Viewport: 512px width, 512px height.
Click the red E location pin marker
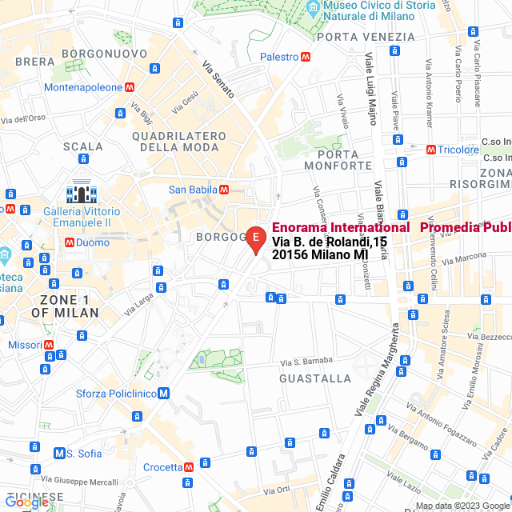tap(254, 238)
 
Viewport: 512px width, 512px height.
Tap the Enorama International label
tap(341, 227)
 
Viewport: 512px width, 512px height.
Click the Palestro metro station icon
tap(305, 57)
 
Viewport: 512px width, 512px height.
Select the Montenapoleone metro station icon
tap(129, 87)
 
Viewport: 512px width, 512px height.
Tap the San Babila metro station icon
tap(224, 190)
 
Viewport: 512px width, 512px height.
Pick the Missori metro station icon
tap(50, 345)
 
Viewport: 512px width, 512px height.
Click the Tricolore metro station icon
tap(431, 150)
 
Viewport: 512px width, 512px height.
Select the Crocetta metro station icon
tap(189, 467)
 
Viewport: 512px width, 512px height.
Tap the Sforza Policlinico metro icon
tap(163, 393)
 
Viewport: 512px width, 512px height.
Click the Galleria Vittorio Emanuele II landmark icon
tap(82, 193)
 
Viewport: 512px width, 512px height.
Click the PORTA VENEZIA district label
tap(366, 37)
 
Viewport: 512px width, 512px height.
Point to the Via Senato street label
tap(218, 80)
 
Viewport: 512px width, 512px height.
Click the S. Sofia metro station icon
tap(58, 454)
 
